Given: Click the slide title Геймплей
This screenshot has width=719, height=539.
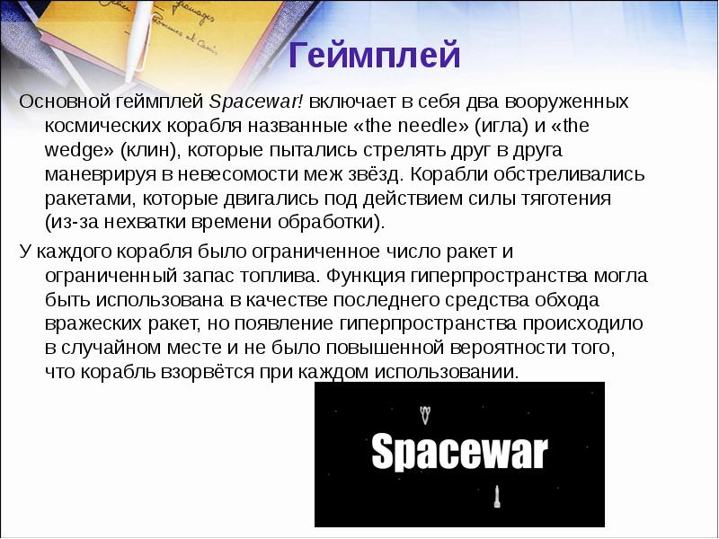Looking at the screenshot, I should pos(376,56).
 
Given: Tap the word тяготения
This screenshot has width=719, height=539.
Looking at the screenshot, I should pos(567,198).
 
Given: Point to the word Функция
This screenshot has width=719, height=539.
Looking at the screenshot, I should pos(367,275).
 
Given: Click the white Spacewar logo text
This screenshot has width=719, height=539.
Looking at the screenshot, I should pos(459,451).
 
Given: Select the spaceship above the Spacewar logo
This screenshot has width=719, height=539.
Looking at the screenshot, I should pos(426,414).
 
